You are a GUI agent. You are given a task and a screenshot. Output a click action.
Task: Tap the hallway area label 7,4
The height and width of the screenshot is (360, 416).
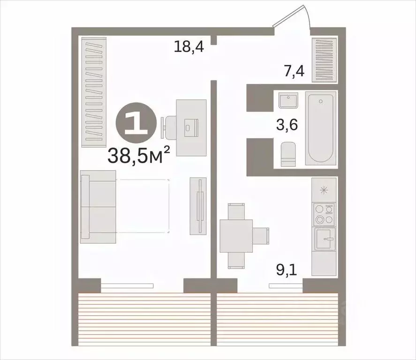[294, 72]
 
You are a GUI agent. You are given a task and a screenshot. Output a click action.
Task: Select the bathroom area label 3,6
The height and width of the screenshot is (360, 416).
[287, 126]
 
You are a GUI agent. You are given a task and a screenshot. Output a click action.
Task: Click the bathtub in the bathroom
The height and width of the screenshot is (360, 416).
[320, 128]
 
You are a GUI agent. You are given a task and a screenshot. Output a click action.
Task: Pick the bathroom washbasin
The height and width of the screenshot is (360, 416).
[286, 100]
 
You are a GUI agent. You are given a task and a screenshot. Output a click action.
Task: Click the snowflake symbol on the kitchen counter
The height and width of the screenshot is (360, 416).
[323, 190]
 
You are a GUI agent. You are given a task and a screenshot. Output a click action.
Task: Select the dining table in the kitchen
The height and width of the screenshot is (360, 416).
[236, 235]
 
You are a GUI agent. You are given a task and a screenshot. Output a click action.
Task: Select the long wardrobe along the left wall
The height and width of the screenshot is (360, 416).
[94, 91]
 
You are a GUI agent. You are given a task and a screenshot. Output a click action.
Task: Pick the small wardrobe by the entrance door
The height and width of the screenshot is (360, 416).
[324, 60]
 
